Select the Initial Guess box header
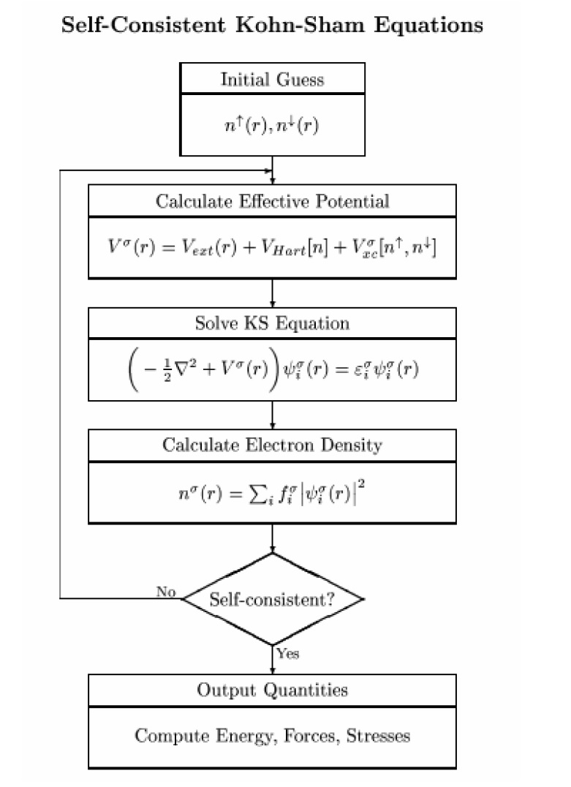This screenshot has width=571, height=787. point(272,79)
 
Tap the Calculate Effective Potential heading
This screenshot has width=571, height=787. point(272,201)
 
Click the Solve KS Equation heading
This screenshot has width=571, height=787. point(272,323)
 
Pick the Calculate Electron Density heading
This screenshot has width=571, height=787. point(272,445)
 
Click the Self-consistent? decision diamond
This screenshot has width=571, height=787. point(272,600)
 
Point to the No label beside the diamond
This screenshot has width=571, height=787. point(166,592)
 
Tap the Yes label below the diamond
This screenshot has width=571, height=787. point(287,653)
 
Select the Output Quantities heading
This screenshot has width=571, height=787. point(272,690)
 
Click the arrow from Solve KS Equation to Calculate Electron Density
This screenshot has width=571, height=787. point(273,415)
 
